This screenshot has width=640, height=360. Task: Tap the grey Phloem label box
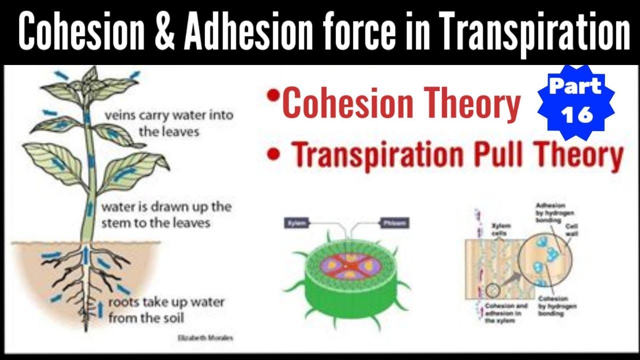(394, 222)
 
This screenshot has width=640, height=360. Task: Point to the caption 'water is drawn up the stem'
(166, 214)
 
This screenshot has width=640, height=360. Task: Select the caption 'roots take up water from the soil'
(166, 309)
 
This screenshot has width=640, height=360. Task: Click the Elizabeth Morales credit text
(205, 338)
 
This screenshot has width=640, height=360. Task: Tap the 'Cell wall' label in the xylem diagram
(571, 229)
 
